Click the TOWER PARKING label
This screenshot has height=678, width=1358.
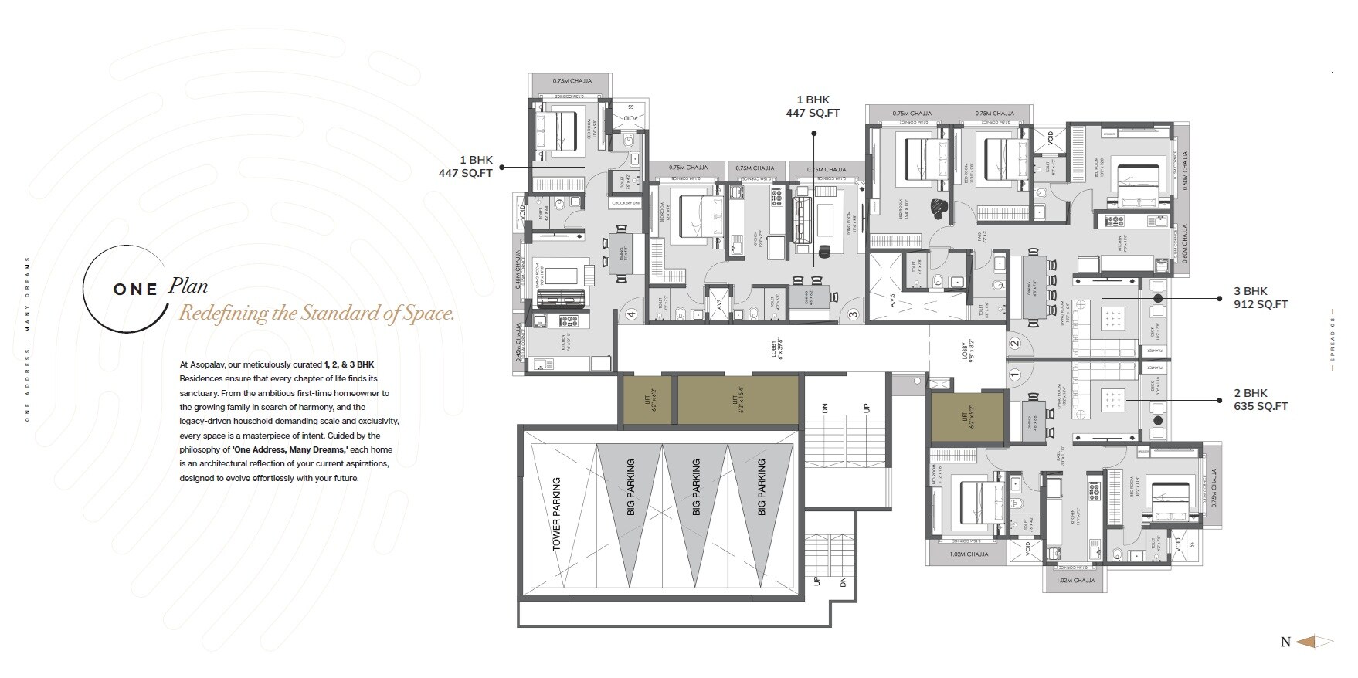(x=557, y=514)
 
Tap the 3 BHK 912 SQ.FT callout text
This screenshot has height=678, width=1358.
(x=1260, y=297)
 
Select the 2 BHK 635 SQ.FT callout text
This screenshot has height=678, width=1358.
(x=1260, y=399)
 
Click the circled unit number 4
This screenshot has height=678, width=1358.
(x=631, y=314)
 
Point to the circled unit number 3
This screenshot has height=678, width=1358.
(x=853, y=314)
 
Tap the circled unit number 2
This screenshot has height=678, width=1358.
(x=1015, y=344)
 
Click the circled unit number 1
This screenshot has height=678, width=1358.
(x=1015, y=375)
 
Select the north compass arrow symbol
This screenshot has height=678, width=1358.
(x=1315, y=642)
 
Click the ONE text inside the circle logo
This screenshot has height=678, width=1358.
(x=136, y=290)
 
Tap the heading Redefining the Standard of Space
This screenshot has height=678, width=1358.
(x=317, y=314)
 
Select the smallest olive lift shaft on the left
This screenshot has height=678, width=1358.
(x=647, y=400)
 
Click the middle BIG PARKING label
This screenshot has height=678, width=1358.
(x=696, y=487)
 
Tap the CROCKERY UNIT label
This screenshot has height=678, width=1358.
(x=626, y=203)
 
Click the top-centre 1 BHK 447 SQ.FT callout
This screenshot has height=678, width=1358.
(x=813, y=107)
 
